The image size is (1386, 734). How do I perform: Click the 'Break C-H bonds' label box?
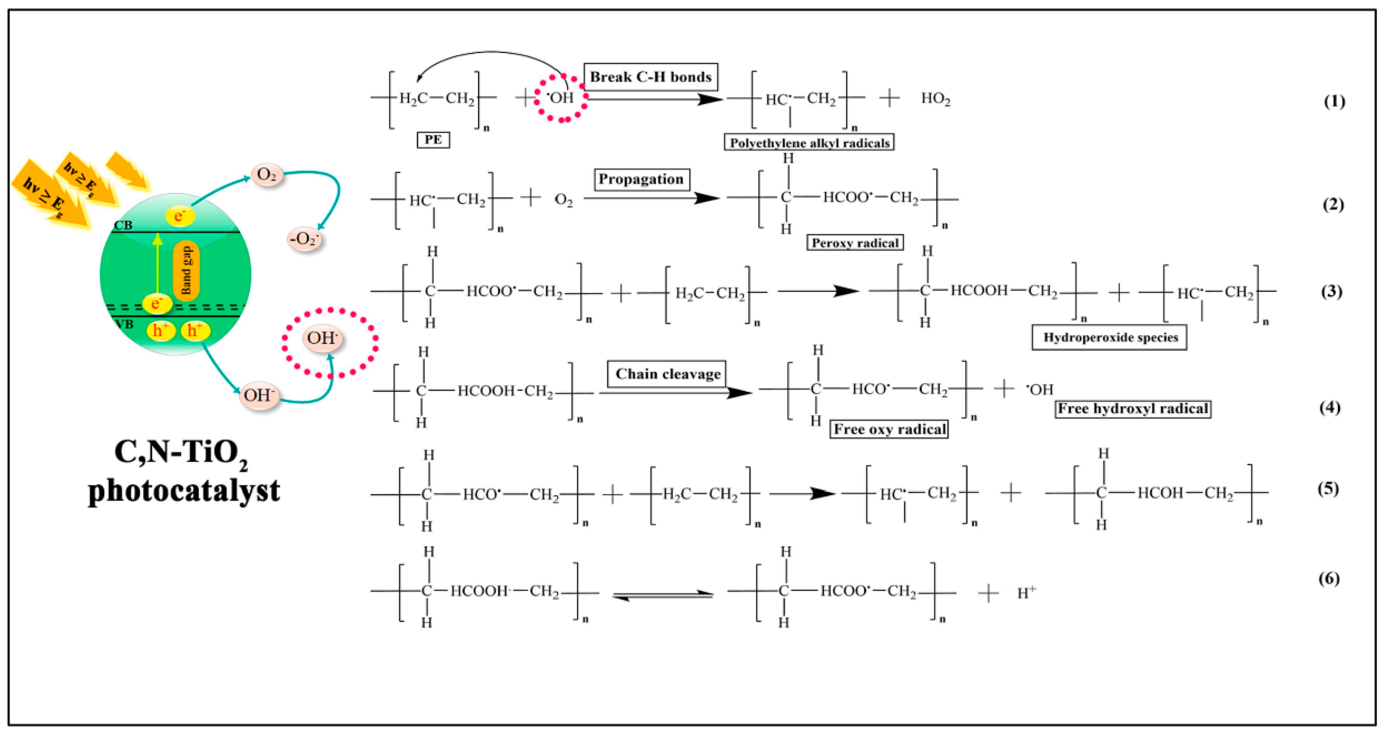(x=651, y=77)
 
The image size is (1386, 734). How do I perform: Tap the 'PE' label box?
(x=433, y=140)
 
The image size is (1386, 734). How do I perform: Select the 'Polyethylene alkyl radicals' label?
(x=809, y=142)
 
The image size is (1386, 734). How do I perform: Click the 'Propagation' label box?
(x=641, y=179)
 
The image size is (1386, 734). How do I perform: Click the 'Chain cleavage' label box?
(x=667, y=374)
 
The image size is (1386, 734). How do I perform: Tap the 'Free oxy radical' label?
(x=889, y=429)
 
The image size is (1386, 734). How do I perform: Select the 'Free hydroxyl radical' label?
(x=1133, y=409)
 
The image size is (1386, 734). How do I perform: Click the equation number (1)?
(x=1334, y=101)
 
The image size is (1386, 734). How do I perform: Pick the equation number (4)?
(x=1330, y=407)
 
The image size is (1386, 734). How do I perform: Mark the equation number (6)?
(x=1329, y=579)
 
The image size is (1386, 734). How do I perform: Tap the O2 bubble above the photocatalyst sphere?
(x=267, y=175)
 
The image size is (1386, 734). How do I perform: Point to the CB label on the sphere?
(x=123, y=225)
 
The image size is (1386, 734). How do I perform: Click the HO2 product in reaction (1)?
(x=936, y=99)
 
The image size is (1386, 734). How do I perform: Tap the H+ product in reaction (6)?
(x=1026, y=593)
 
